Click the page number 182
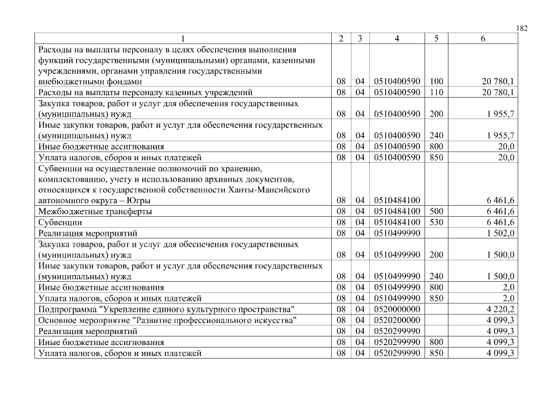[x=522, y=28]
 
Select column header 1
[x=182, y=39]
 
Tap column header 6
[x=482, y=39]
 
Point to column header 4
[x=396, y=39]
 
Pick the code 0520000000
[x=396, y=309]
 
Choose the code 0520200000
[x=396, y=320]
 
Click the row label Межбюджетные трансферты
[x=95, y=211]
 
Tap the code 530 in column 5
[x=436, y=222]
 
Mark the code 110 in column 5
[x=436, y=92]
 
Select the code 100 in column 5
[x=436, y=81]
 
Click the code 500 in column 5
[x=436, y=211]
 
